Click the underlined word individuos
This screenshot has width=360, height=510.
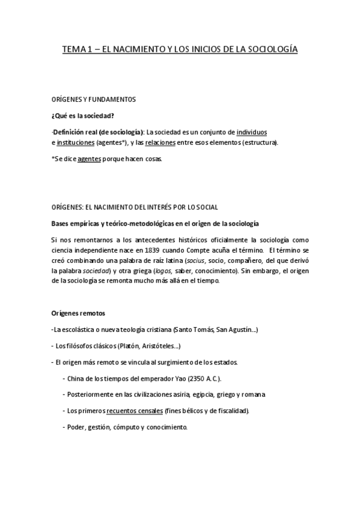pos(252,131)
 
